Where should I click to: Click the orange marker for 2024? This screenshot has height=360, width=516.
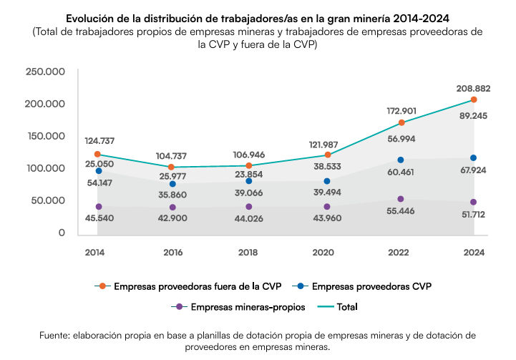[x=474, y=99]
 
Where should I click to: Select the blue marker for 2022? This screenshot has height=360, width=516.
[x=401, y=160]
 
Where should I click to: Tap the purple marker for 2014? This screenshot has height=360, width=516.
[x=99, y=207]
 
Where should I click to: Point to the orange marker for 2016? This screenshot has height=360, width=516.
[x=171, y=167]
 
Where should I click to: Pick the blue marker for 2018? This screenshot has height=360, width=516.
[x=249, y=181]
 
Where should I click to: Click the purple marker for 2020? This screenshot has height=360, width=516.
[x=327, y=207]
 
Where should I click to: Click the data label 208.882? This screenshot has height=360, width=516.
[x=473, y=89]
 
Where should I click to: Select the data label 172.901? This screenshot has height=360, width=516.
[x=401, y=111]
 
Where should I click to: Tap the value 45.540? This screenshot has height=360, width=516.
[x=99, y=218]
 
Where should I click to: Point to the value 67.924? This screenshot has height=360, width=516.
[x=473, y=170]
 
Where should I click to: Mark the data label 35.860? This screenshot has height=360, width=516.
[x=172, y=195]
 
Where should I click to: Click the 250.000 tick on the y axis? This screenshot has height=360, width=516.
[x=45, y=72]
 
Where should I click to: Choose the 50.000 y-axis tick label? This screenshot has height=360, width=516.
[x=48, y=200]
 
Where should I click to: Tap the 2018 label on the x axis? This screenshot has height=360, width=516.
[x=248, y=253]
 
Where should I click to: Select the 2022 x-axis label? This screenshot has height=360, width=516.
[x=398, y=253]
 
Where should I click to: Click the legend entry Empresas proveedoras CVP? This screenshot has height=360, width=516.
[x=361, y=286]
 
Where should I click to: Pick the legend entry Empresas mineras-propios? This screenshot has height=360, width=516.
[x=238, y=307]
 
